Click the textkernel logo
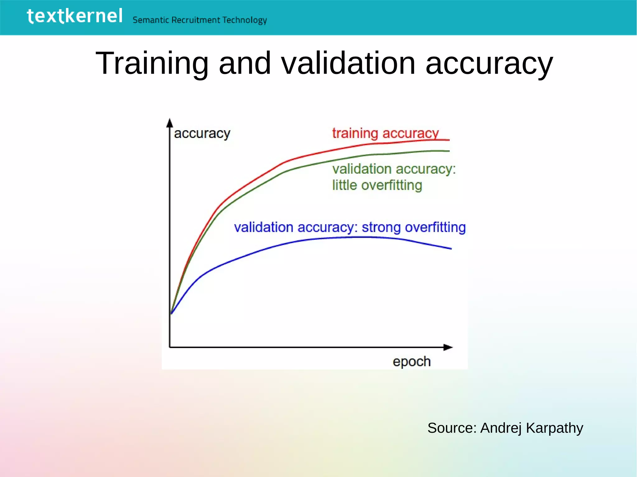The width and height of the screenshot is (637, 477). [75, 16]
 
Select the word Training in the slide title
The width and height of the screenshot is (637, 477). [152, 63]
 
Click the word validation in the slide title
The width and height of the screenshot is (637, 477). [348, 63]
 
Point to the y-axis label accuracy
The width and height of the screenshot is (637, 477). [202, 134]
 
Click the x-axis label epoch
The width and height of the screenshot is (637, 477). [411, 362]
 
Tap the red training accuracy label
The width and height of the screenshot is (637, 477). [385, 133]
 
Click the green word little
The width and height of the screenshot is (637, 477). [344, 185]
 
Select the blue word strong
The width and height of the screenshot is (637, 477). [381, 227]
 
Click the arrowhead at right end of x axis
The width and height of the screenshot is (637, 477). [448, 347]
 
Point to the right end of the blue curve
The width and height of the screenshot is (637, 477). [451, 249]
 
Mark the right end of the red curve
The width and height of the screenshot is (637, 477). [449, 140]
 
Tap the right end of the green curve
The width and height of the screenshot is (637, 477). [449, 151]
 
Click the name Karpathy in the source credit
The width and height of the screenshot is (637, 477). [554, 428]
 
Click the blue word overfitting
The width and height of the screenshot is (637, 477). [435, 227]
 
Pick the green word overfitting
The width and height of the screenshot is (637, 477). [392, 186]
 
